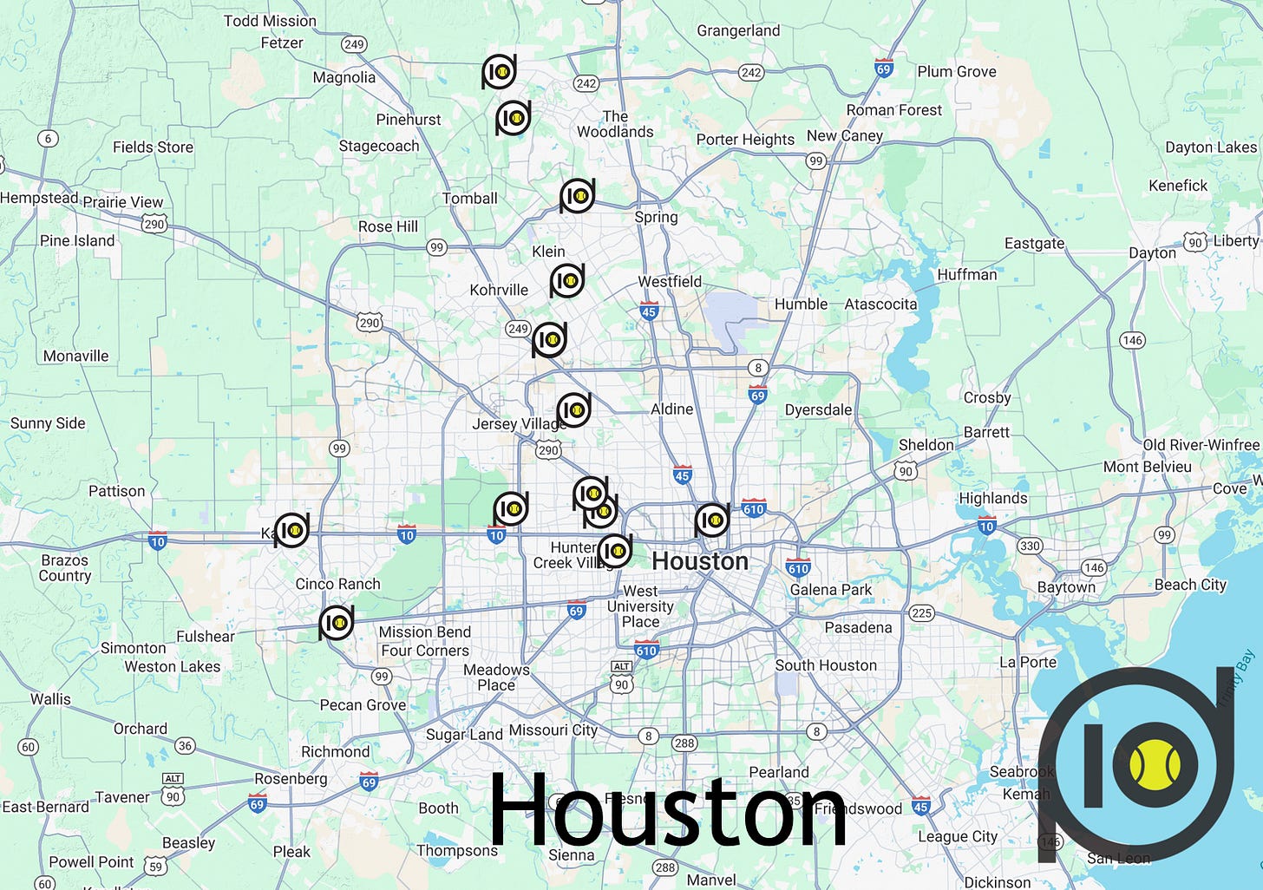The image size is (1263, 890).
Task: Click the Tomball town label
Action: (x=469, y=199)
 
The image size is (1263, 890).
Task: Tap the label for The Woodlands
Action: (x=615, y=124)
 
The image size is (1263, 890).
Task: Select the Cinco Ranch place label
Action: (x=337, y=584)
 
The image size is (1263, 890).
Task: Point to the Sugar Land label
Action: (x=464, y=735)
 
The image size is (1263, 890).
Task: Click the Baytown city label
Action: (x=1066, y=587)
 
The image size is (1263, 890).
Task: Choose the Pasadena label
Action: (x=858, y=627)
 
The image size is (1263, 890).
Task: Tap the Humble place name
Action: (x=801, y=304)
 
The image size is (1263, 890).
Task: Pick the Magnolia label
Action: (x=344, y=77)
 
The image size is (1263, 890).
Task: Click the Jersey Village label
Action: (x=518, y=424)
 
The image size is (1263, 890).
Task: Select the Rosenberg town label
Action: (x=291, y=778)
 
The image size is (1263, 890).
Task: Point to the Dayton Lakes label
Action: (x=1210, y=147)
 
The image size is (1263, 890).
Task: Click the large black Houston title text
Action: (x=668, y=811)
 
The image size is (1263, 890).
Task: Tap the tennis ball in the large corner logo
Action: (x=1155, y=765)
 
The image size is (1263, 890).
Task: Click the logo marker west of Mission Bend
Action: (x=336, y=623)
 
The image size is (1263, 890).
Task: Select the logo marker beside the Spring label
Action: (x=577, y=196)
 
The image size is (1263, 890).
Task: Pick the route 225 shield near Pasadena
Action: (x=921, y=613)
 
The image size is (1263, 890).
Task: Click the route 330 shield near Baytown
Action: (x=1030, y=546)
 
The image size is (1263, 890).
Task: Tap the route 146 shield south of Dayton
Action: (x=1132, y=340)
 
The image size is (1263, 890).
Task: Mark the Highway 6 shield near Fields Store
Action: (x=48, y=138)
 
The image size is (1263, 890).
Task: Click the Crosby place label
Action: (x=986, y=398)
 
